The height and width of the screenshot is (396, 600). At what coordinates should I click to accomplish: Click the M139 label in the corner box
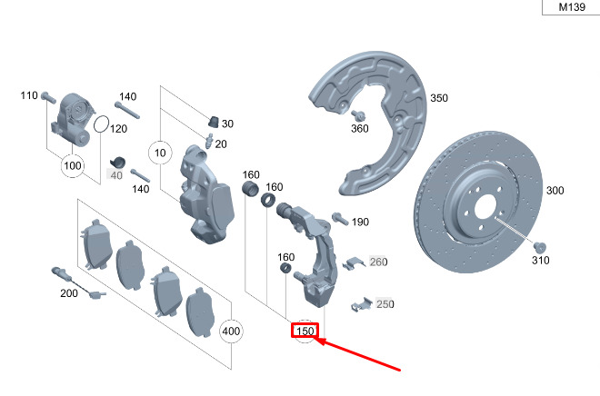coord(572,7)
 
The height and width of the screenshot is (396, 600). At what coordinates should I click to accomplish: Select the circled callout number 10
coord(160,153)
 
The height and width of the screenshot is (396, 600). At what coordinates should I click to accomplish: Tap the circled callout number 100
coord(73,165)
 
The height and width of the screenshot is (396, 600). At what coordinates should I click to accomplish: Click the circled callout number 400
coord(231,331)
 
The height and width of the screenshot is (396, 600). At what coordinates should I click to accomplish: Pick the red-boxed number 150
coord(305,331)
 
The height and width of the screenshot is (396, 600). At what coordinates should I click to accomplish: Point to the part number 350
coord(439,98)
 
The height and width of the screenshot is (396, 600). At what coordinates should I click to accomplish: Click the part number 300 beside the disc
coord(555,191)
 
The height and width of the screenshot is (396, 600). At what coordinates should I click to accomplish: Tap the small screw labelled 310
coord(539,247)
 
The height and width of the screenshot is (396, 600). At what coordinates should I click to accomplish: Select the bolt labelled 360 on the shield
coord(359,115)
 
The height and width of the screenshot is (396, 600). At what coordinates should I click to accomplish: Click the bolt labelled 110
coord(48,97)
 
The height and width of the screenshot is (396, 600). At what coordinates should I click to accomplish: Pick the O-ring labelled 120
coord(102,124)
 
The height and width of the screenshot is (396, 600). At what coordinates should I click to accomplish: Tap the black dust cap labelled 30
coord(214,122)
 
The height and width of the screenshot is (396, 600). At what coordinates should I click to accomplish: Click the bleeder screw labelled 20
coord(209,142)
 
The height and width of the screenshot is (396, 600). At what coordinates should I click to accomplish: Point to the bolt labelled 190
coord(340,219)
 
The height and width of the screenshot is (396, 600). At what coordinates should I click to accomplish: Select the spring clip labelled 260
coord(354,263)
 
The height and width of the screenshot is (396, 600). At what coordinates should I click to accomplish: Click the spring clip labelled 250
coord(361,304)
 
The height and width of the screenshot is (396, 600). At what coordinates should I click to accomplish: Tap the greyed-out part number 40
coord(116,175)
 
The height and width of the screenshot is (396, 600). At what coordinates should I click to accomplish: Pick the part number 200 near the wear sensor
coord(69,293)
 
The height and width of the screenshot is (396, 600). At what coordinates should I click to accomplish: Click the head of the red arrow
coord(318,340)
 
